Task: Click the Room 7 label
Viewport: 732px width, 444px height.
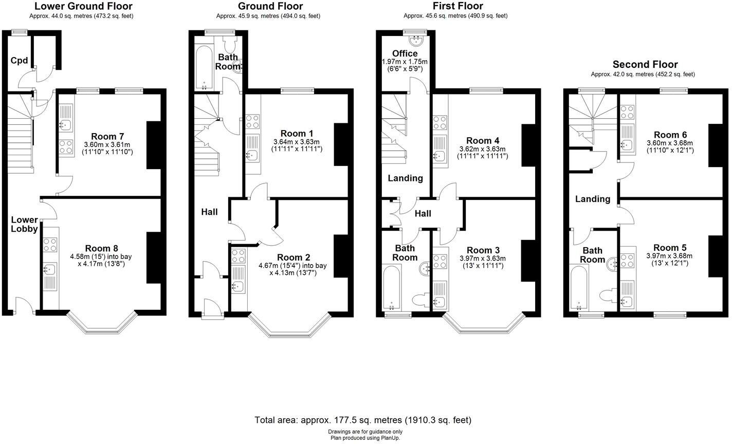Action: point(107,136)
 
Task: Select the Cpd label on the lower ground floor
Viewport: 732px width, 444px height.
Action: point(19,61)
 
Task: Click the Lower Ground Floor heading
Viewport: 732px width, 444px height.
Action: point(83,6)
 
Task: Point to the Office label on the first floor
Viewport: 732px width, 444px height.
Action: point(405,53)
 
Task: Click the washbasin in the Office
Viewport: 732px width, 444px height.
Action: point(416,40)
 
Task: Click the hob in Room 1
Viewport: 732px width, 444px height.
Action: point(252,122)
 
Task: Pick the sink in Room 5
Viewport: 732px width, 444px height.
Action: point(627,301)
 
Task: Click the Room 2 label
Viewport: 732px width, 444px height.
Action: point(293,257)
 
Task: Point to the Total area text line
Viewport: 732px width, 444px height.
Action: point(363,420)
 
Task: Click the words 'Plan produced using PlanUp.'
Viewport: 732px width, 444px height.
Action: point(365,438)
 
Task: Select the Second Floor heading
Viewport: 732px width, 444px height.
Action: point(645,64)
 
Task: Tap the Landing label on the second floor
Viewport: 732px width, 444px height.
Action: point(592,199)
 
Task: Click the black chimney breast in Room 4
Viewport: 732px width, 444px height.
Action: point(528,145)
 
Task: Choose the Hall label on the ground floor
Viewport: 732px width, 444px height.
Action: point(209,211)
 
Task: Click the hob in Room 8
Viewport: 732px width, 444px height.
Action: point(50,245)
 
